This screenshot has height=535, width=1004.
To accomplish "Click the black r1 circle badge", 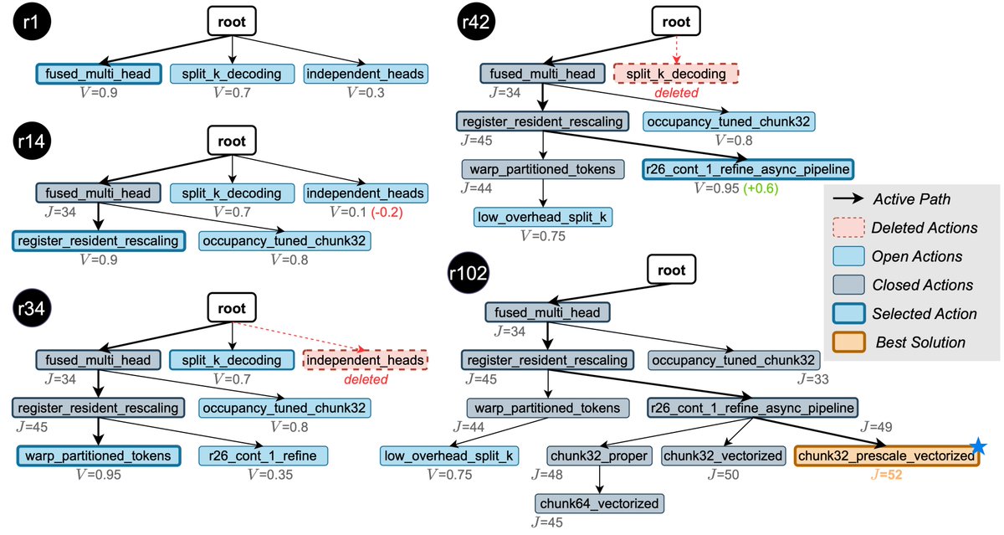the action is pos(32,22).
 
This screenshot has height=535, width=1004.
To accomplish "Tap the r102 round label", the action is pos(468,273).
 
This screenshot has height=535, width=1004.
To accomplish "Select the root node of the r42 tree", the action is pos(676,21).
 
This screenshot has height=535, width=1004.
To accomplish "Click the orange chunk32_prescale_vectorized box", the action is pos(887,455).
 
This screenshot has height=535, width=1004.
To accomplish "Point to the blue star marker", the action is pos(978,445).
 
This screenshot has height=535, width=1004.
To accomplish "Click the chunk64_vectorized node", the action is pos(599,504).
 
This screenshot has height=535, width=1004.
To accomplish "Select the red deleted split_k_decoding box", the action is pos(676,74).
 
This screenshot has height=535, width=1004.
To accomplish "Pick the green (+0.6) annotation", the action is pos(761,188).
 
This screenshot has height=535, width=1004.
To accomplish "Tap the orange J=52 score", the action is pos(887,475).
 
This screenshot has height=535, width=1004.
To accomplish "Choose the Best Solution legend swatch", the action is pos(849,342).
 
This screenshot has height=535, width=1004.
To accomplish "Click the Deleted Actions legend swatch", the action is pos(849,228).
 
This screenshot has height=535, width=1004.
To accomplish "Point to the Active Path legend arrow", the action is pos(848,198).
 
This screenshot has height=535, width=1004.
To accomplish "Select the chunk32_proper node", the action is pos(599,455).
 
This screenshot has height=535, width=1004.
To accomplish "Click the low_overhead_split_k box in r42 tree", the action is pos(543,217).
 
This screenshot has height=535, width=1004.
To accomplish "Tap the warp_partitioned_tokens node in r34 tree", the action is pos(99,455).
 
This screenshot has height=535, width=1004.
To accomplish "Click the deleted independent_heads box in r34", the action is pos(366,360).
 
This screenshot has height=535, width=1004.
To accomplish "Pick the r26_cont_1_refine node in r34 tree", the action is pos(263,455).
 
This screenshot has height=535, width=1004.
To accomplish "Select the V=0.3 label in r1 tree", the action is pos(366,92).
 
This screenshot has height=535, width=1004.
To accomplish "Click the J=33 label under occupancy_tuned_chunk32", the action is pos(813,379).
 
